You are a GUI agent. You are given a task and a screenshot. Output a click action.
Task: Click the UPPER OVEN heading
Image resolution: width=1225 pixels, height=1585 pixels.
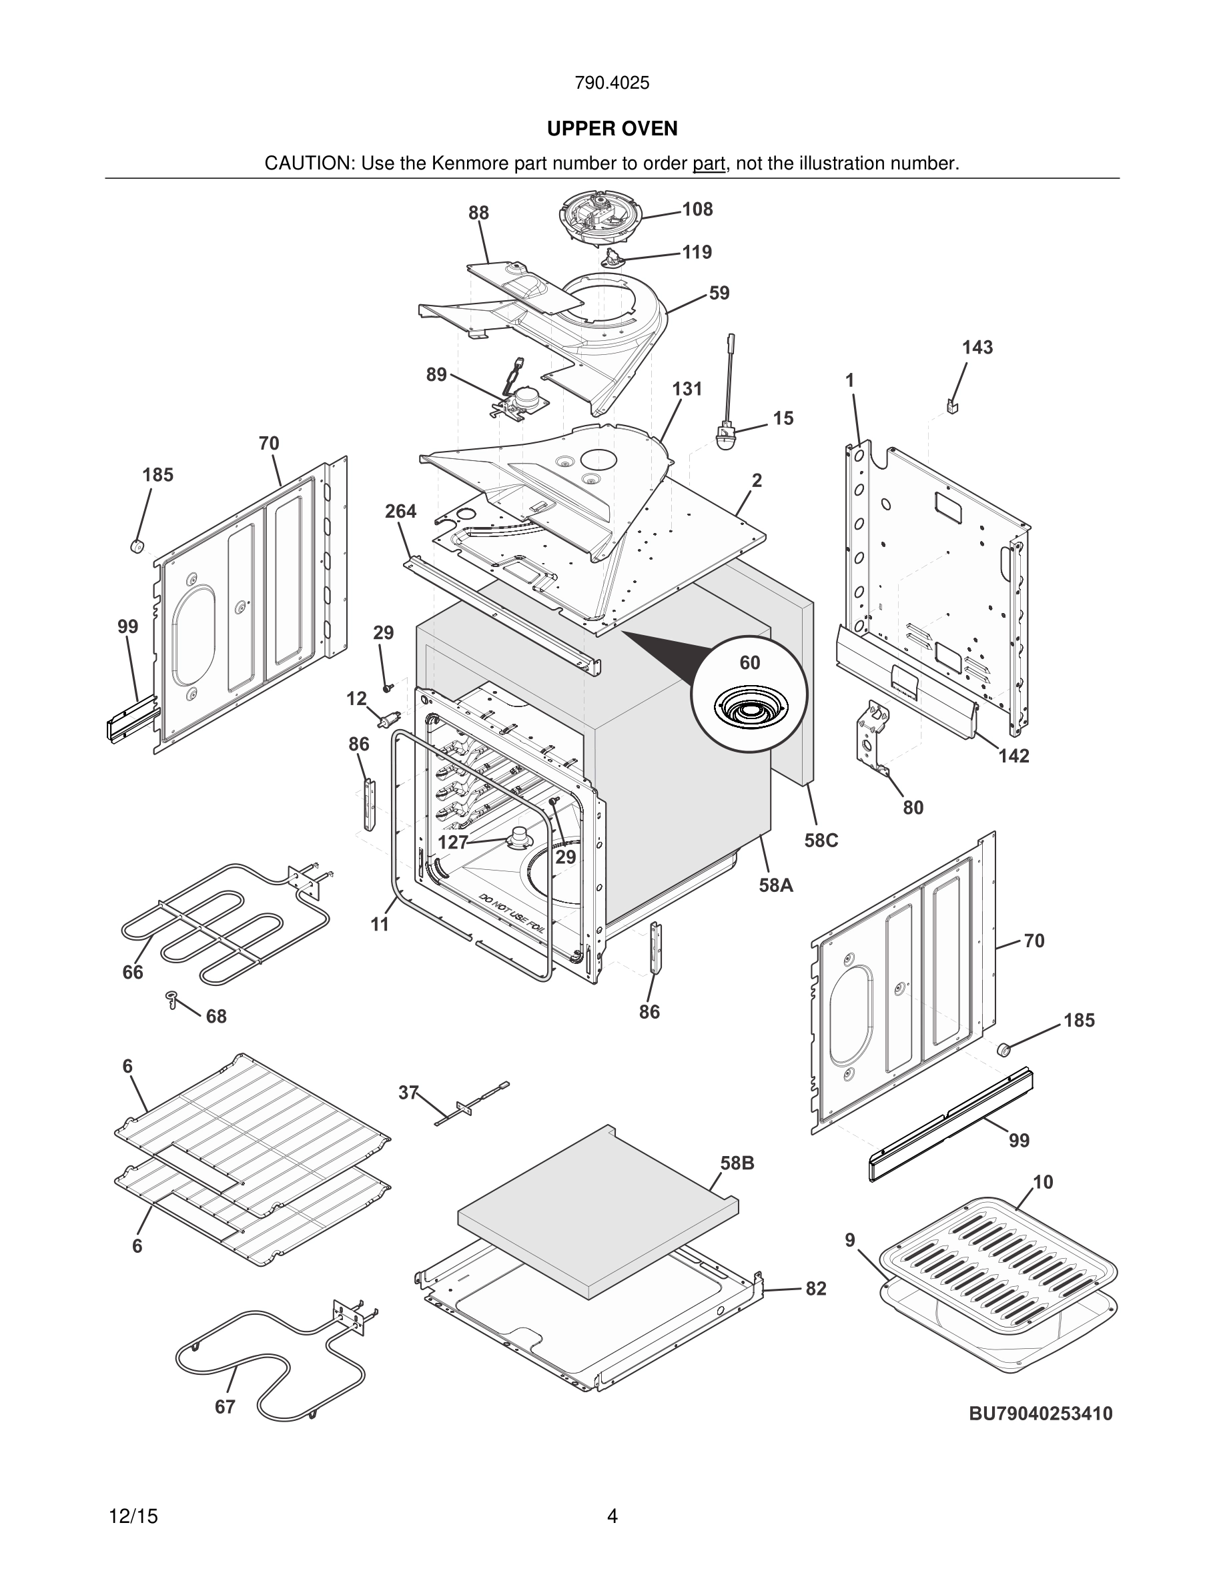click(612, 129)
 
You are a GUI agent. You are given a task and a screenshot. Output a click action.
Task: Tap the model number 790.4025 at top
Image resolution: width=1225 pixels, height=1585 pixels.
click(612, 83)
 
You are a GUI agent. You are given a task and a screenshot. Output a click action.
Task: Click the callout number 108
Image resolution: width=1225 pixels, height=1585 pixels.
click(697, 209)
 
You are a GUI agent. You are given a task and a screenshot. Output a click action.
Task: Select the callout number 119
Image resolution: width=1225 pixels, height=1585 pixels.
click(697, 252)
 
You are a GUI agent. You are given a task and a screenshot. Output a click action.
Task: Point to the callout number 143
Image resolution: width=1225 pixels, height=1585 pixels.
click(977, 348)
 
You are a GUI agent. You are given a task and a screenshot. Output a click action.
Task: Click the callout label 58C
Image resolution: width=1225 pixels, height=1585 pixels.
click(821, 840)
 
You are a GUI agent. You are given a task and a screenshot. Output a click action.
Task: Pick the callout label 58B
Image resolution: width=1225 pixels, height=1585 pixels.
click(737, 1163)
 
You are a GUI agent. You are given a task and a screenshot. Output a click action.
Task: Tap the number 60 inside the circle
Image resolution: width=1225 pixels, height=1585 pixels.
click(750, 662)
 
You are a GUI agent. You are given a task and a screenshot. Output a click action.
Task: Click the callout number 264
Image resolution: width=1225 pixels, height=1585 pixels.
click(400, 512)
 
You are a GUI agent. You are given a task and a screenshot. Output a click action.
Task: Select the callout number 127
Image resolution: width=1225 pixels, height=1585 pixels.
click(453, 842)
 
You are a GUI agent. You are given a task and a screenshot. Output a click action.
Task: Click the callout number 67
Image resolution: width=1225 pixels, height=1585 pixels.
click(225, 1406)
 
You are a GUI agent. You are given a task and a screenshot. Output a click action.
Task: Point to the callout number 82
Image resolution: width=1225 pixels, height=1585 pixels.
click(816, 1288)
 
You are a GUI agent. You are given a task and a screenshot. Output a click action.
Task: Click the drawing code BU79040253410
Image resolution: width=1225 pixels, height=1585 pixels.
click(1041, 1414)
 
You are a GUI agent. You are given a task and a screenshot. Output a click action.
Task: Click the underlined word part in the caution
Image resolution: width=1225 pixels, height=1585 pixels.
click(709, 164)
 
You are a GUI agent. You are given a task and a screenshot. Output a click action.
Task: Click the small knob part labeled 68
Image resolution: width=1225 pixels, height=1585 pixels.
click(172, 999)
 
